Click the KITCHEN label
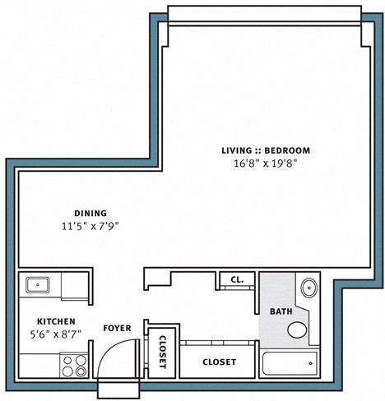(x=56, y=321)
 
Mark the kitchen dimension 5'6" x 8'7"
(x=56, y=334)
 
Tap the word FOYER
(x=116, y=327)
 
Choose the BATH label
(x=281, y=311)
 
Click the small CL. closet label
(x=237, y=280)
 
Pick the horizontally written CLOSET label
(x=219, y=362)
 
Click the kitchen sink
(x=37, y=285)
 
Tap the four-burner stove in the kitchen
(x=74, y=365)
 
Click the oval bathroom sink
(x=309, y=288)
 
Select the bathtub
(x=289, y=362)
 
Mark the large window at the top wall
(x=263, y=15)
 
